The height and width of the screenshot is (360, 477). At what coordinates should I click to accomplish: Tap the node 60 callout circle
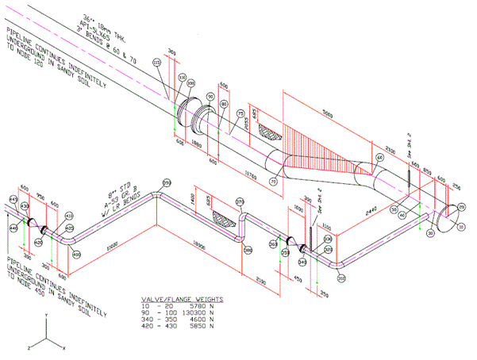click(x=379, y=158)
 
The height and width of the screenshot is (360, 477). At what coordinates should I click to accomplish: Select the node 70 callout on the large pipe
click(x=275, y=182)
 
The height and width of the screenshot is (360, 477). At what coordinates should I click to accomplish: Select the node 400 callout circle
click(x=76, y=254)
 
